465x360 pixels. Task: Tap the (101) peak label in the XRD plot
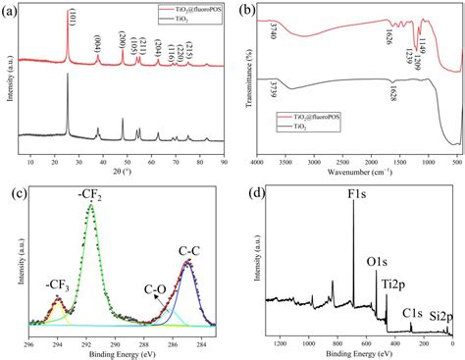pos(67,16)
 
